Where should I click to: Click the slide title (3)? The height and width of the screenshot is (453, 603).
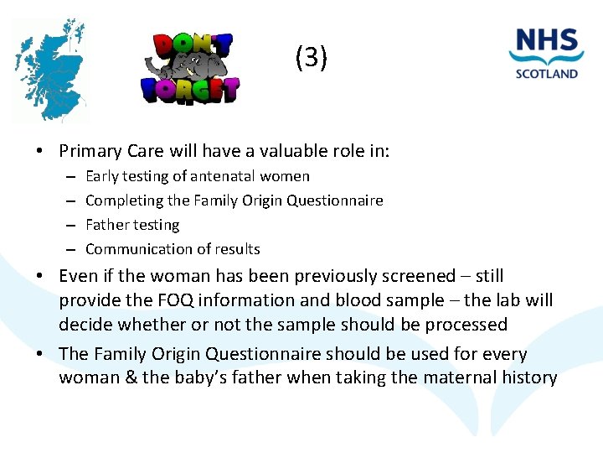click(x=312, y=58)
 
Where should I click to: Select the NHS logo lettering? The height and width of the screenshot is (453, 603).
click(x=547, y=43)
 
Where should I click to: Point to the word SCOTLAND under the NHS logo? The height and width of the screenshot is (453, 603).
click(x=547, y=74)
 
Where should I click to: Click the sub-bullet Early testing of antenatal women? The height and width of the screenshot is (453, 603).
click(x=198, y=176)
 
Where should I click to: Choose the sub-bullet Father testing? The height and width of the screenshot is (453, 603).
click(x=132, y=225)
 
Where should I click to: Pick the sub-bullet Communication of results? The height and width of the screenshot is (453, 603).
click(x=173, y=249)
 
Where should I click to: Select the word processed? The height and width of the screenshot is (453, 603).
click(x=465, y=325)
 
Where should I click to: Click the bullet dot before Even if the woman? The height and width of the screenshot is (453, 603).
click(x=39, y=277)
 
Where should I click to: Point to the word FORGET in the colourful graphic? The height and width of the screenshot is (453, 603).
click(x=190, y=87)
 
